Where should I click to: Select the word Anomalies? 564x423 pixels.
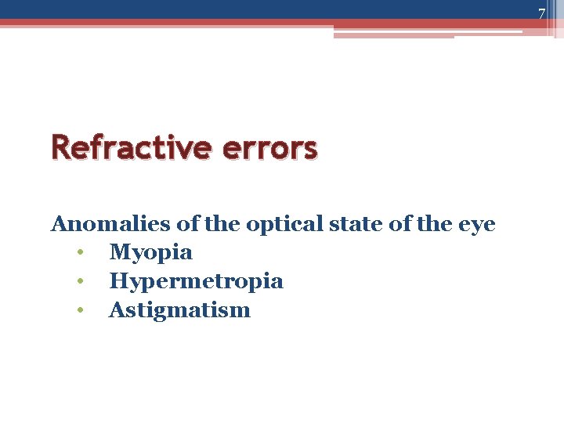[x=110, y=224]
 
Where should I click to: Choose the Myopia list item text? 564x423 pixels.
[x=150, y=253]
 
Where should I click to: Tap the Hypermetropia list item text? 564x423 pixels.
[x=196, y=281]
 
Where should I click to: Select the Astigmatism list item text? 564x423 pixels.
[x=179, y=310]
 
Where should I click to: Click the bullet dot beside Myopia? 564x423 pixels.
[x=80, y=253]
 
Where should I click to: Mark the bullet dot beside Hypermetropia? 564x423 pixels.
[x=80, y=281]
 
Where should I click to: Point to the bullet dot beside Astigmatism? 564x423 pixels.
[x=80, y=310]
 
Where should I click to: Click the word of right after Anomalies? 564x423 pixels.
[x=187, y=224]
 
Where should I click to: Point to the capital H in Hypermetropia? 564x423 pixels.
[x=118, y=280]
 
